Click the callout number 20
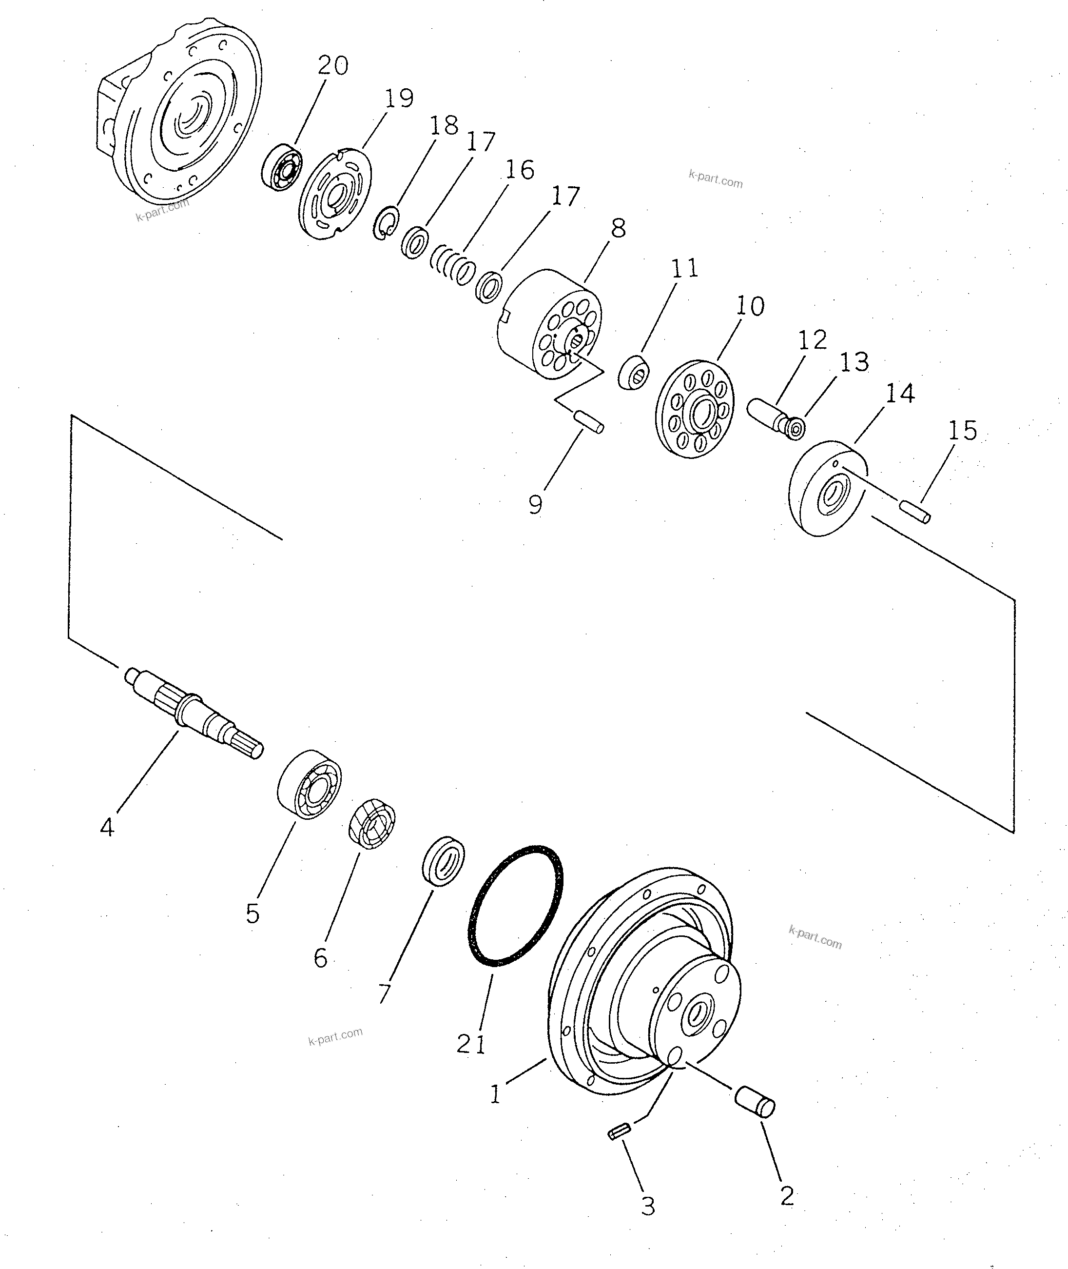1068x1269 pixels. click(332, 65)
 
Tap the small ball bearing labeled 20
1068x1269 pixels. click(282, 167)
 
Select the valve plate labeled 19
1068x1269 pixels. click(335, 196)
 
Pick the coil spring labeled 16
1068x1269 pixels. click(453, 265)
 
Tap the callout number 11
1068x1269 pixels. click(685, 268)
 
